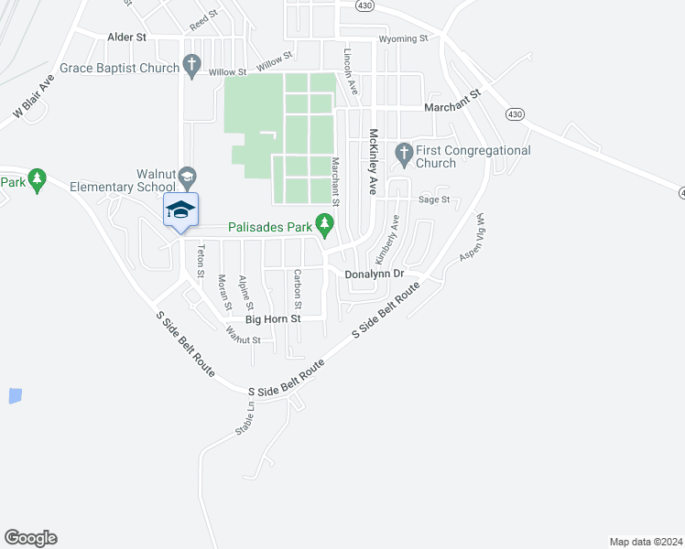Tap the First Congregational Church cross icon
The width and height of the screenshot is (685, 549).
(402, 151)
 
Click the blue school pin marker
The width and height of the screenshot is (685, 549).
(181, 210)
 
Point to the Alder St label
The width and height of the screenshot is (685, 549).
(127, 38)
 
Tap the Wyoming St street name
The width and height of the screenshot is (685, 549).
(403, 38)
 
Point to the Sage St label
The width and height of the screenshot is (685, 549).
(434, 199)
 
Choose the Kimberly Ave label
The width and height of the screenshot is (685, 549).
(394, 235)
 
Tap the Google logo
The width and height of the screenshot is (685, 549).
(30, 538)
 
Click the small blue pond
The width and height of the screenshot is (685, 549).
(15, 396)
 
